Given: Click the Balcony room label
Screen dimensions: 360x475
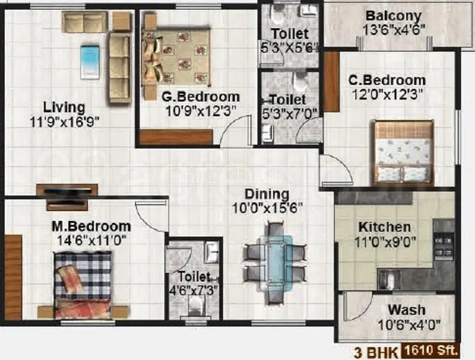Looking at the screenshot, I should coord(393,16).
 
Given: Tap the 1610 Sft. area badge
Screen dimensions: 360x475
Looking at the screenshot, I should coord(431,349).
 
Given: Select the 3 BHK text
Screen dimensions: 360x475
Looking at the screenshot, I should coord(381,349).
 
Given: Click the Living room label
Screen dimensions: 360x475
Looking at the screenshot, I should coord(64,107).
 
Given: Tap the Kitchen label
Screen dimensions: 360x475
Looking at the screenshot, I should coord(384,227).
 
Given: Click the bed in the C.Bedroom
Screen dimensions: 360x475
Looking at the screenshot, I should coord(402,152).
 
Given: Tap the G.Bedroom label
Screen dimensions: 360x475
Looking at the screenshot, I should coord(201,97).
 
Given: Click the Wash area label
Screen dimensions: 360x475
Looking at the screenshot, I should coord(407,310).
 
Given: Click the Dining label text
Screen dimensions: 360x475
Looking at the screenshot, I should coord(267,195).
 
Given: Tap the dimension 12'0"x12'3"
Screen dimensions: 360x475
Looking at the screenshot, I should coord(388,94).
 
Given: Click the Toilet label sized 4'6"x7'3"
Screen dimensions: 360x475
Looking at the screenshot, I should coord(193,277).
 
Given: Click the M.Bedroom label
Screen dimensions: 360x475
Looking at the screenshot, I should coord(91,226).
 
